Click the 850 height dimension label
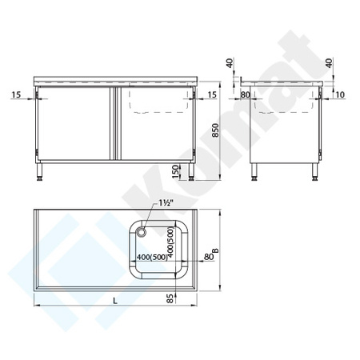pos(215,130)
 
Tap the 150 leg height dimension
pos(175,171)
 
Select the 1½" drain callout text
pos(166,203)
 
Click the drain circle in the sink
pos(141,232)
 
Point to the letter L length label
pos(115,301)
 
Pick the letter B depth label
pos(215,250)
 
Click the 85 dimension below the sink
pos(170,298)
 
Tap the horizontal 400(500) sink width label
pos(152,257)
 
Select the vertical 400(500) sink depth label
pos(170,242)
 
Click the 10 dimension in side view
pos(340,94)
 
